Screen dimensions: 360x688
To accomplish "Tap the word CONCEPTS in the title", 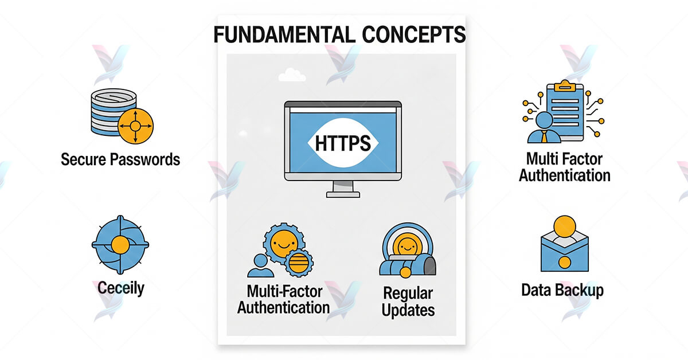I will [414, 35].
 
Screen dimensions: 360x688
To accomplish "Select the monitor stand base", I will [343, 194].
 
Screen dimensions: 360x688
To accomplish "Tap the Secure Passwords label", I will [120, 159].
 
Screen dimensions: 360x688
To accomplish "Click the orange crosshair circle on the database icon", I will [135, 126].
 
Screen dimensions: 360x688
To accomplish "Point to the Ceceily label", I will [120, 287].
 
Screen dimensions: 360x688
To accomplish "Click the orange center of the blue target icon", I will [120, 245].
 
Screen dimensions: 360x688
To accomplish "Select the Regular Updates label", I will [408, 302].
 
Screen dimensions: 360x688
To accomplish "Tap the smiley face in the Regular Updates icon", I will [406, 247].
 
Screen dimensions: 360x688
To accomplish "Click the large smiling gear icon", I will [282, 243].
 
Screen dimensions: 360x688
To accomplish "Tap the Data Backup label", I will [562, 290].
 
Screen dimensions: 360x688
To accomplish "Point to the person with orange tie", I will [542, 128].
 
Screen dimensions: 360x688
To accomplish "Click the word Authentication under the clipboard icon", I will [565, 174].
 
